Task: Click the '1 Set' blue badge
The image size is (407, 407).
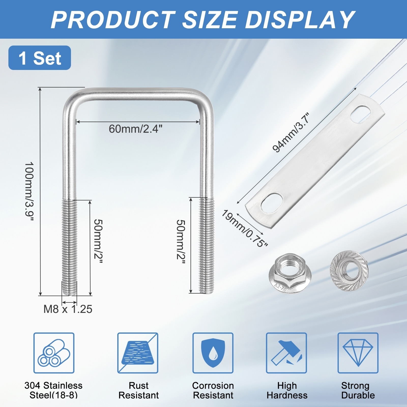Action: pos(40,58)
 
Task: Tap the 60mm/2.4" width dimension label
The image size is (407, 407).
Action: pos(135,129)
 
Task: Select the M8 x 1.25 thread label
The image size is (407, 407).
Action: pos(68,309)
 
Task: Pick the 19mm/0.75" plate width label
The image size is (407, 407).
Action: pos(244,228)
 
